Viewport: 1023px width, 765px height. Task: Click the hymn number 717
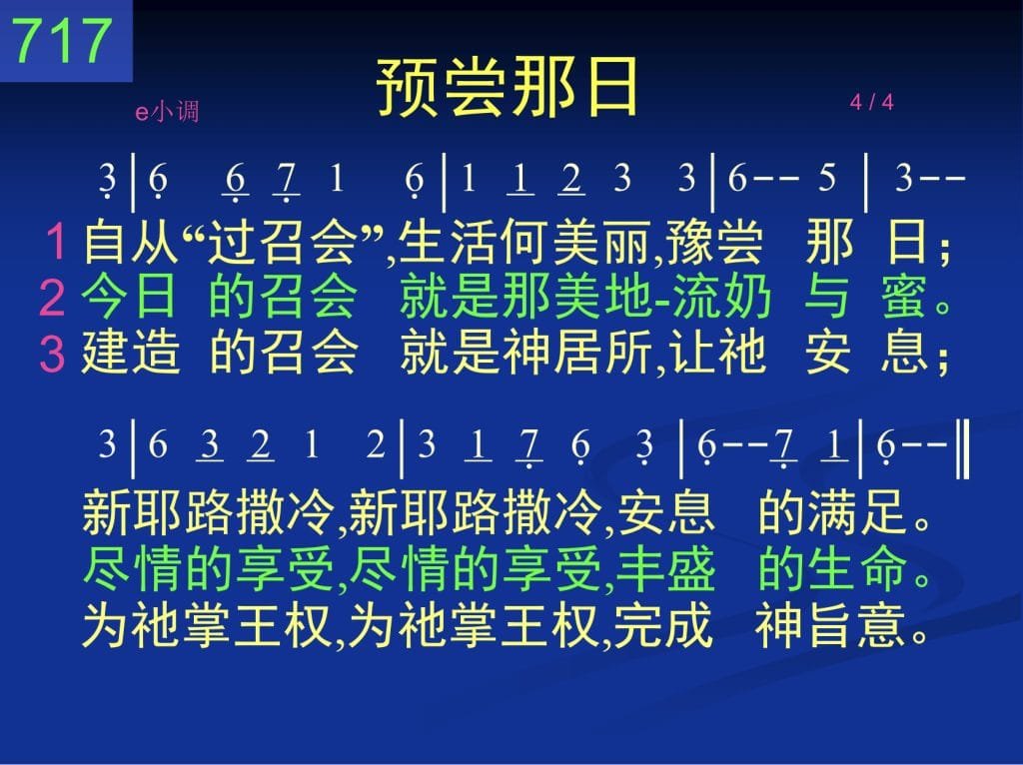[61, 40]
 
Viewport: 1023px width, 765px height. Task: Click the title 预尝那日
[508, 87]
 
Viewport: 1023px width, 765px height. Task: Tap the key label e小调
[167, 112]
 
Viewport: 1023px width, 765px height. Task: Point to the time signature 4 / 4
[871, 102]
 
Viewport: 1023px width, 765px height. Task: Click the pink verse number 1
[56, 242]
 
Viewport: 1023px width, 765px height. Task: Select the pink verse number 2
[52, 298]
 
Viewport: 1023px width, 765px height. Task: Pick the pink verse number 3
[52, 353]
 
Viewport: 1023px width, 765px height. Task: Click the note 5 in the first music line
[826, 178]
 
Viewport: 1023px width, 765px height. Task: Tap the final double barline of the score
[964, 449]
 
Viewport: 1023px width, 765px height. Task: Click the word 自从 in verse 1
[131, 242]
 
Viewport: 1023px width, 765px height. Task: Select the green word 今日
[129, 297]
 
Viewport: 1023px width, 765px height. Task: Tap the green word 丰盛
[665, 567]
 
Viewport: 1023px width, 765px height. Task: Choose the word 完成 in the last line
[663, 625]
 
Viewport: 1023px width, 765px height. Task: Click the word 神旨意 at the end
[830, 625]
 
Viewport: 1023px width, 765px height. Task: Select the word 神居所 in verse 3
[579, 353]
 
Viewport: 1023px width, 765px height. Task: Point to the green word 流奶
[722, 297]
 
